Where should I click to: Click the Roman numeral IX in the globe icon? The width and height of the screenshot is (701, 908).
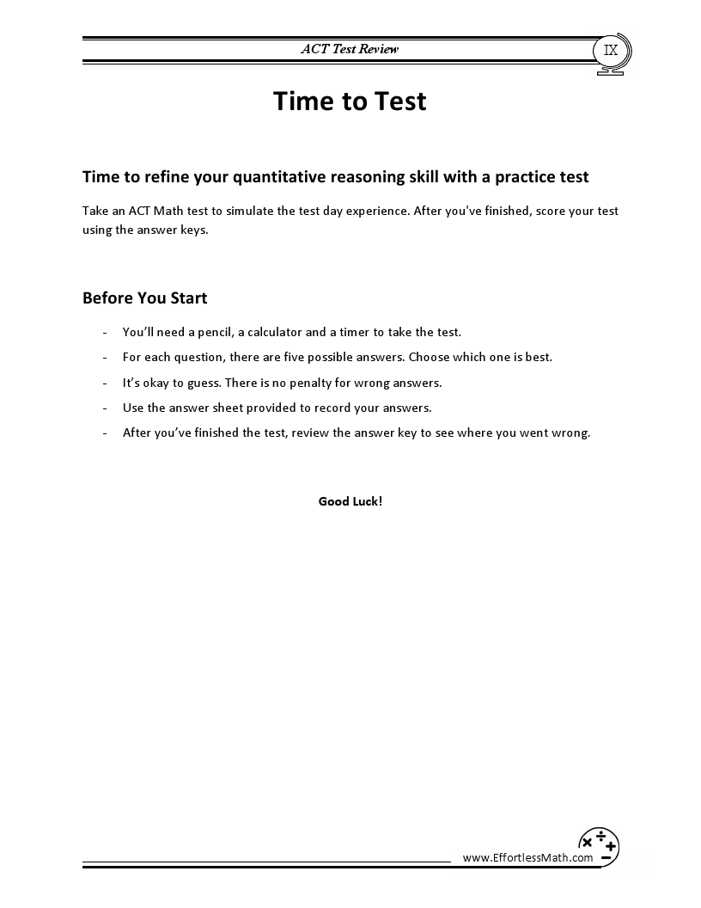611,50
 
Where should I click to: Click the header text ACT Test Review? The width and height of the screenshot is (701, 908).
350,49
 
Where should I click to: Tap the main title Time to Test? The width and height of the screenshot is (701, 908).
350,101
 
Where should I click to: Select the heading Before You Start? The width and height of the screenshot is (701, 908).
144,298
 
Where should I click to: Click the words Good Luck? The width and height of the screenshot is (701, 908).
350,501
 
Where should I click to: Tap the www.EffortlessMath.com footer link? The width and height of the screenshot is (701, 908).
527,857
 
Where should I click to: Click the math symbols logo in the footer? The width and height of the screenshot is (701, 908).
599,845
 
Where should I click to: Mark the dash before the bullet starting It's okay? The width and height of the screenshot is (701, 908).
104,383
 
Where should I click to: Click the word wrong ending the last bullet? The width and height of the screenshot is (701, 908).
571,433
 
